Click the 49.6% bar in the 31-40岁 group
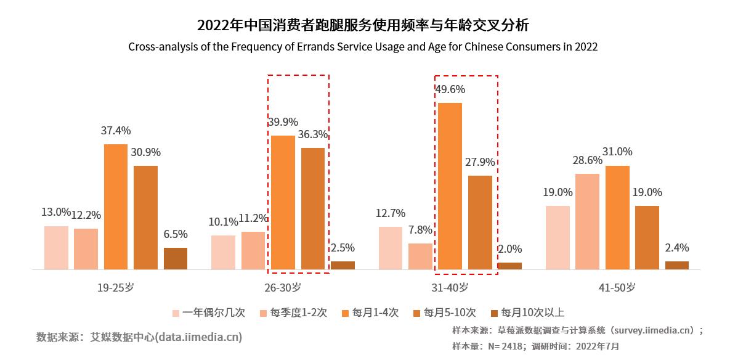pyautogui.click(x=450, y=186)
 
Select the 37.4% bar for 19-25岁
pyautogui.click(x=116, y=207)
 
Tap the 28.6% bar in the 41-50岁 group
pyautogui.click(x=588, y=221)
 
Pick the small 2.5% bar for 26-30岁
pyautogui.click(x=343, y=265)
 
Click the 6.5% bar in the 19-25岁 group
pyautogui.click(x=176, y=258)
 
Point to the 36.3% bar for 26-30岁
pyautogui.click(x=313, y=208)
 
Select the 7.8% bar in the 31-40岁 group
pyautogui.click(x=420, y=256)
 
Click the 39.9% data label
pyautogui.click(x=282, y=121)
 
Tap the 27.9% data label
pyautogui.click(x=481, y=162)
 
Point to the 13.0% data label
pyautogui.click(x=55, y=212)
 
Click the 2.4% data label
pyautogui.click(x=677, y=248)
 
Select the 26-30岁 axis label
pyautogui.click(x=283, y=287)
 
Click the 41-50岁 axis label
pyautogui.click(x=618, y=287)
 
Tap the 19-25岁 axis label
pyautogui.click(x=116, y=287)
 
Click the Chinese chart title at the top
pyautogui.click(x=363, y=26)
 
